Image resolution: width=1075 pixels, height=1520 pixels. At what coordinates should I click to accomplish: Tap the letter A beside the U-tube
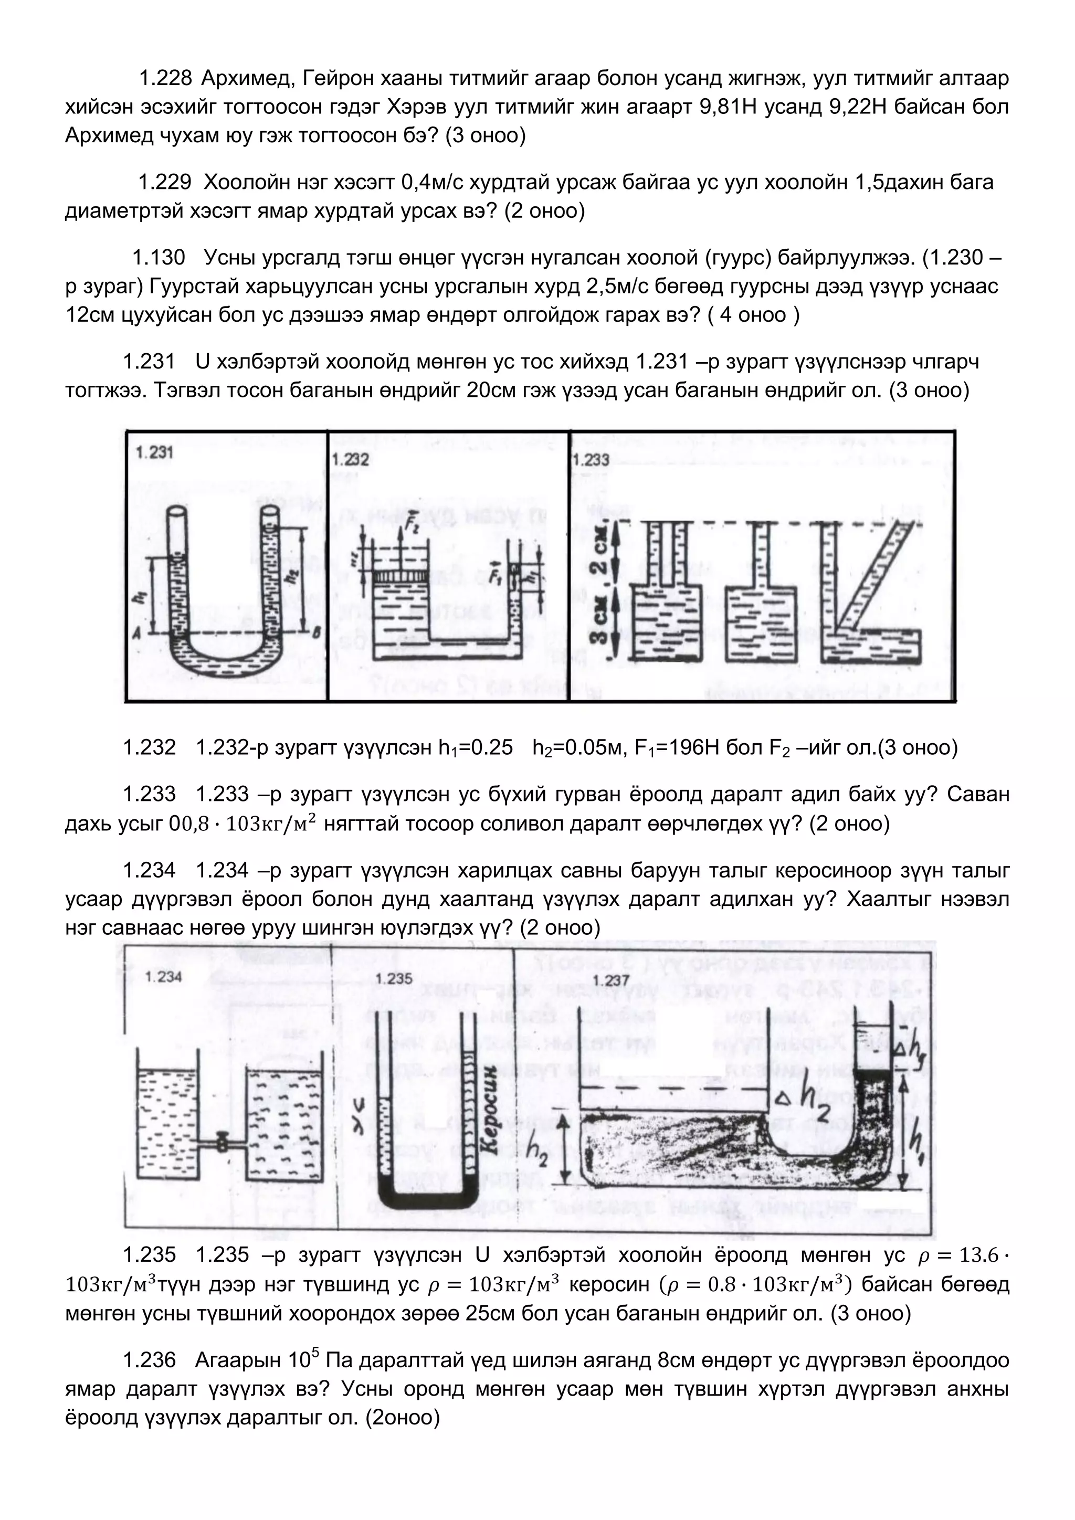pyautogui.click(x=136, y=634)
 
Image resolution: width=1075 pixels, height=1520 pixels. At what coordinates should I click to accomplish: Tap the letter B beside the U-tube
pyautogui.click(x=314, y=634)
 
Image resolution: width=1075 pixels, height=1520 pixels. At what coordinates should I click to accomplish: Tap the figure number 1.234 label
pyautogui.click(x=163, y=977)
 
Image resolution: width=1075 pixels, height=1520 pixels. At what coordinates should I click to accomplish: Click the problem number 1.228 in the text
pyautogui.click(x=165, y=79)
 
